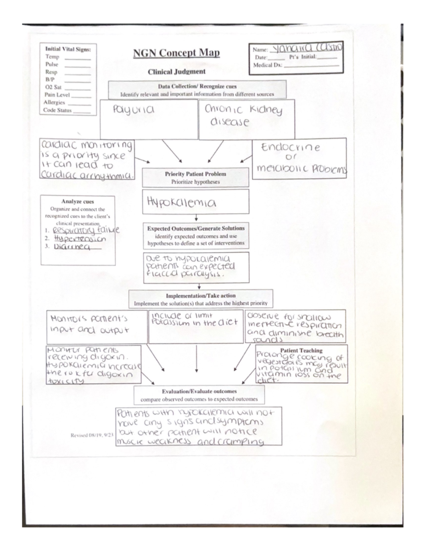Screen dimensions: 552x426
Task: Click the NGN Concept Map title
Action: pyautogui.click(x=176, y=53)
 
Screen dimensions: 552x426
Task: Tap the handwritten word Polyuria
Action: pyautogui.click(x=133, y=110)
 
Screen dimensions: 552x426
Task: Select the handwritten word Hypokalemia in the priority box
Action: pyautogui.click(x=181, y=202)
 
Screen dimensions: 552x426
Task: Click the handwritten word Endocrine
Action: pyautogui.click(x=290, y=147)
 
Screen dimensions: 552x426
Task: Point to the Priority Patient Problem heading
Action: pyautogui.click(x=195, y=174)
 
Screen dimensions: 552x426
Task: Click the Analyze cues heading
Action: pyautogui.click(x=77, y=202)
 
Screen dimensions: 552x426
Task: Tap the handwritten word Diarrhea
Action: pyautogui.click(x=72, y=246)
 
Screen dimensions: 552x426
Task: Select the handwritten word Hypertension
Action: pyautogui.click(x=80, y=239)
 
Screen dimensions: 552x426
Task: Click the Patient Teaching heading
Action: pyautogui.click(x=301, y=350)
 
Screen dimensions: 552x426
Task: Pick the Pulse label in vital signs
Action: pyautogui.click(x=52, y=64)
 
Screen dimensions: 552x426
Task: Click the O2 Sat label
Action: pyautogui.click(x=53, y=87)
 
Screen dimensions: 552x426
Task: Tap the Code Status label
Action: pyautogui.click(x=58, y=110)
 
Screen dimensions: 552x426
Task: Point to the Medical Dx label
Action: pyautogui.click(x=267, y=65)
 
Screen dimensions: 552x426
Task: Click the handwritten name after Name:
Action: pyautogui.click(x=306, y=48)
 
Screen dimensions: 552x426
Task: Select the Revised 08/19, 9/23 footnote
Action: pyautogui.click(x=92, y=435)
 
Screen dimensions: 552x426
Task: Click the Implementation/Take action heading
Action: pyautogui.click(x=201, y=296)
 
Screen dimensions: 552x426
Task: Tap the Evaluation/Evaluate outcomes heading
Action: pyautogui.click(x=199, y=391)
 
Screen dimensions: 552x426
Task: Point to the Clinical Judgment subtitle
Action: pyautogui.click(x=176, y=72)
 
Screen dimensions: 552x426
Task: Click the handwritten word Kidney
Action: pyautogui.click(x=266, y=110)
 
